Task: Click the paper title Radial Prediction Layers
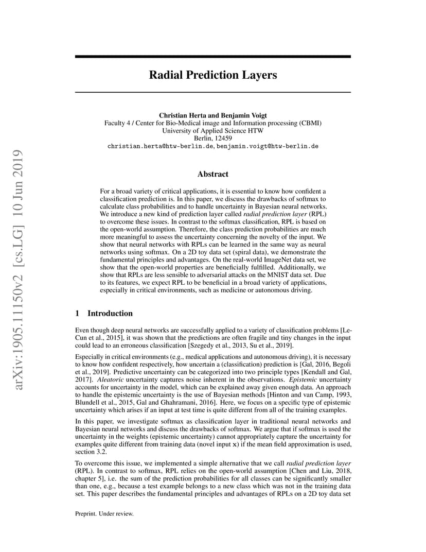click(212, 75)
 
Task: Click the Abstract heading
click(212, 174)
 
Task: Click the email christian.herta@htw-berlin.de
click(160, 146)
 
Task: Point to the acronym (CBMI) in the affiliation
click(310, 123)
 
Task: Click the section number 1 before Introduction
click(77, 313)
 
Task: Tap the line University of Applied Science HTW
click(212, 131)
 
